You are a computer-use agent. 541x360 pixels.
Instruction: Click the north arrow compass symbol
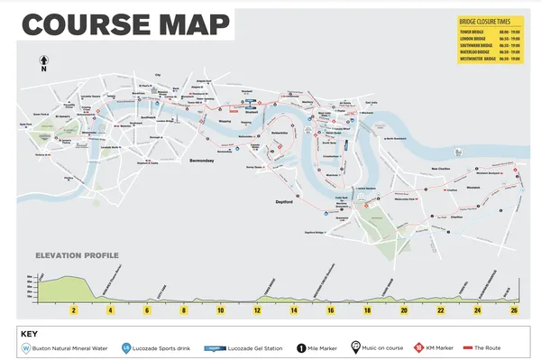[x=42, y=64]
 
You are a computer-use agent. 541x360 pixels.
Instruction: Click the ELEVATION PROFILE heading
[x=77, y=255]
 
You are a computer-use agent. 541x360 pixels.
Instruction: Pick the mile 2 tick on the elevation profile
[x=73, y=309]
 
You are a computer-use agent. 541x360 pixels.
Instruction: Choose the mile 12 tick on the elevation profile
[x=257, y=309]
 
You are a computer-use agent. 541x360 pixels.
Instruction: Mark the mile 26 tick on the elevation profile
[x=514, y=309]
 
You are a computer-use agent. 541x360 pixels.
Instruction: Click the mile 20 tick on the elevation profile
[x=404, y=309]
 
